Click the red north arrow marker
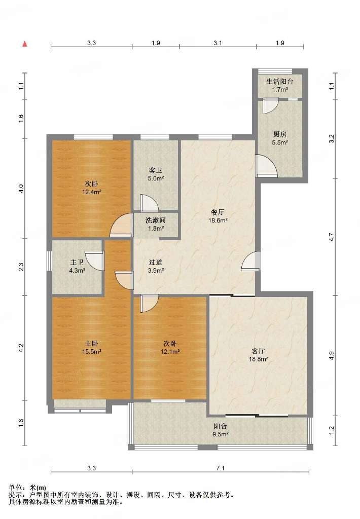tap(24, 44)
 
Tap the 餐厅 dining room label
tap(218, 216)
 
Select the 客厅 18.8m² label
tap(258, 354)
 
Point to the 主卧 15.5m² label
tap(91, 348)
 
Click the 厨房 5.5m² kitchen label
tap(280, 138)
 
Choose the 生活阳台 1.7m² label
tap(280, 85)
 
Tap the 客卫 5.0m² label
tap(156, 174)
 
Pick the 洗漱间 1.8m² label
tap(156, 224)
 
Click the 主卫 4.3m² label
tap(77, 266)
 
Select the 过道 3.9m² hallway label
tap(156, 266)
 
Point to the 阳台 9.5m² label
tap(220, 430)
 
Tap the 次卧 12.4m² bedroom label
tap(91, 188)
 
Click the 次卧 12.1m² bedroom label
tap(170, 348)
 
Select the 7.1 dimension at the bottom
tap(220, 468)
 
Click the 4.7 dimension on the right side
tap(332, 237)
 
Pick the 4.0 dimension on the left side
tap(21, 189)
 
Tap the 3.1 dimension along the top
tap(218, 43)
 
